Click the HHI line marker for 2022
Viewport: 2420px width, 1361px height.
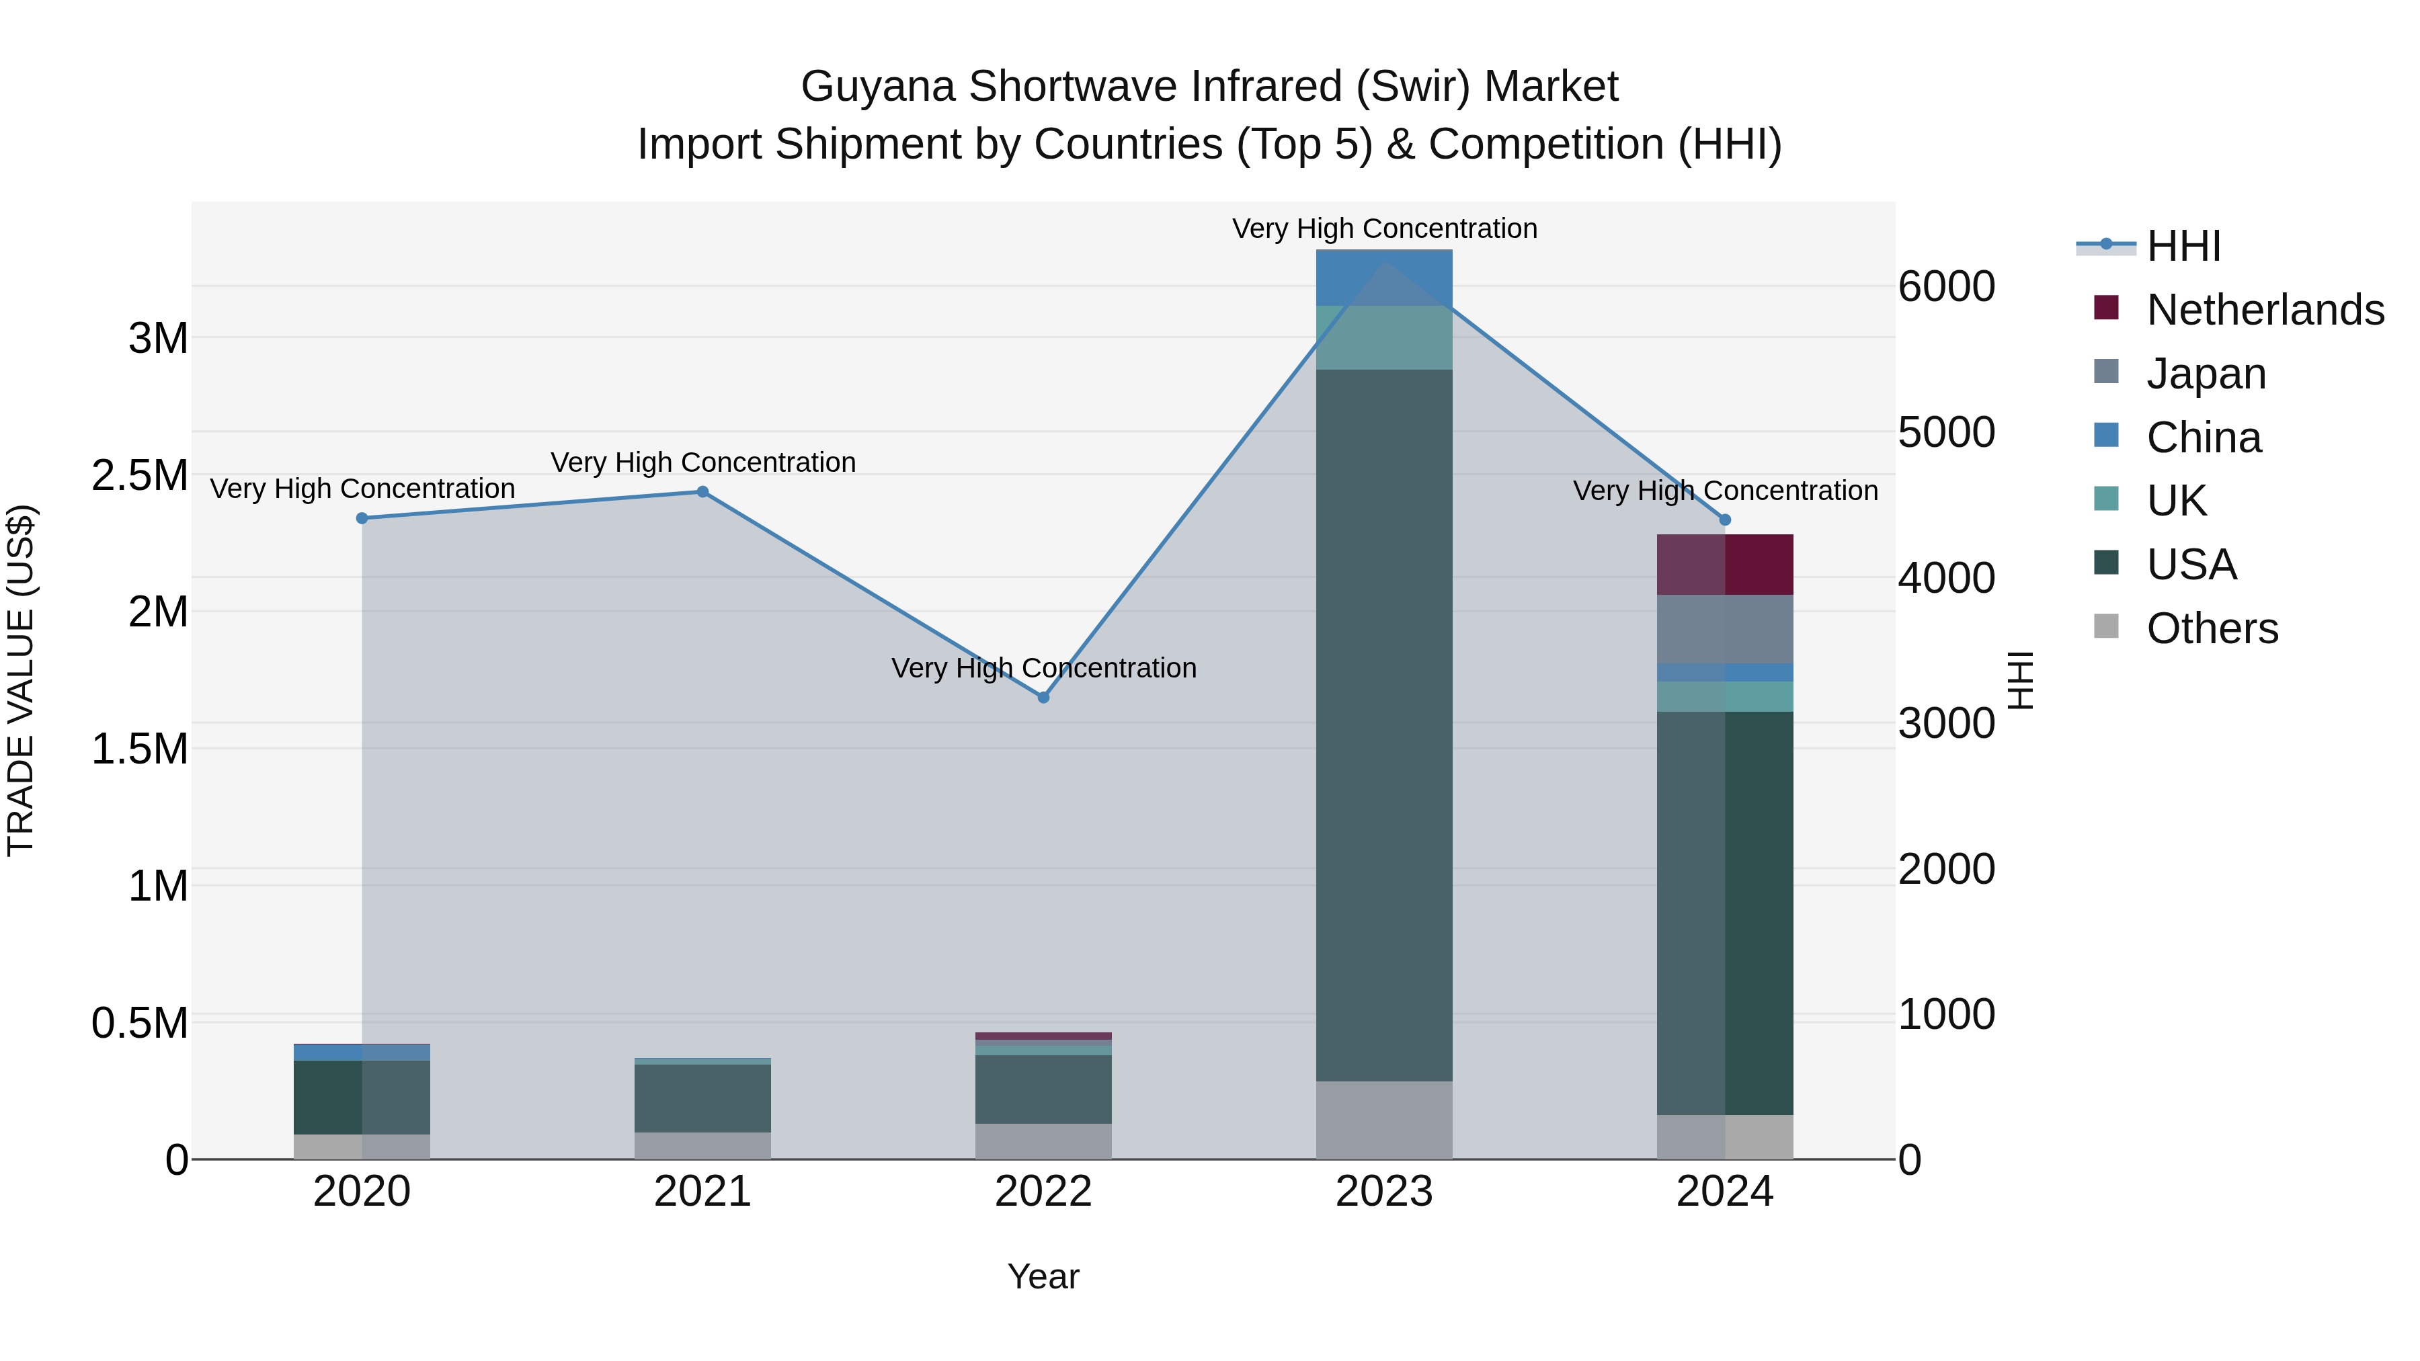tap(1043, 697)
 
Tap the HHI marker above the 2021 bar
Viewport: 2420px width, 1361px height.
tap(702, 491)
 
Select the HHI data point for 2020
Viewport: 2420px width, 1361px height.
tap(362, 518)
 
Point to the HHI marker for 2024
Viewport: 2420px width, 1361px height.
tap(1725, 520)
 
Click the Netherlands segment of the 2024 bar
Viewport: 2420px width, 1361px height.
tap(1725, 565)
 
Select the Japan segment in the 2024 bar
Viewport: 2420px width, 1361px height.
tap(1725, 628)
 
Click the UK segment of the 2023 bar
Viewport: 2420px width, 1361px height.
tap(1384, 337)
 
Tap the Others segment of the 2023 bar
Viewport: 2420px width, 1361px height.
tap(1384, 1120)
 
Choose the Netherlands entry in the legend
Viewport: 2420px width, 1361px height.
tap(2265, 310)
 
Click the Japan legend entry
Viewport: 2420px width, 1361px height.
tap(2206, 373)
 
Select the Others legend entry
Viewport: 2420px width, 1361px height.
tap(2212, 628)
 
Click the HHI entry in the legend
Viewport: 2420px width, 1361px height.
tap(2183, 246)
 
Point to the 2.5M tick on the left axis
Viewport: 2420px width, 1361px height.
tap(140, 475)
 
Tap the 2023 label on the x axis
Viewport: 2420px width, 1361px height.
tap(1384, 1192)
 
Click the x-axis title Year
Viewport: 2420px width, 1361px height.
tap(1043, 1276)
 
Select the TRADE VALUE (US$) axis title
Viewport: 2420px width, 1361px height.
tap(21, 680)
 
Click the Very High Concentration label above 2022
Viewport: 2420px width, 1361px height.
tap(1043, 668)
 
